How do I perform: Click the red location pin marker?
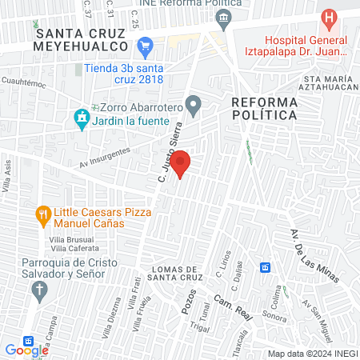click(x=181, y=162)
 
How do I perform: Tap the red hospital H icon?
click(x=328, y=18)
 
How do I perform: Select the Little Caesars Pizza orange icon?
click(x=42, y=214)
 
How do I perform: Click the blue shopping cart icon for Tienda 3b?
click(x=145, y=47)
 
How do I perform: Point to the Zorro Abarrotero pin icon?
click(x=193, y=104)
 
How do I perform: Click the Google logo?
click(x=26, y=350)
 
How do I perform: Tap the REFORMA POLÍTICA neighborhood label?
click(x=264, y=108)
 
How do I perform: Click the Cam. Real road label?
click(x=232, y=308)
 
